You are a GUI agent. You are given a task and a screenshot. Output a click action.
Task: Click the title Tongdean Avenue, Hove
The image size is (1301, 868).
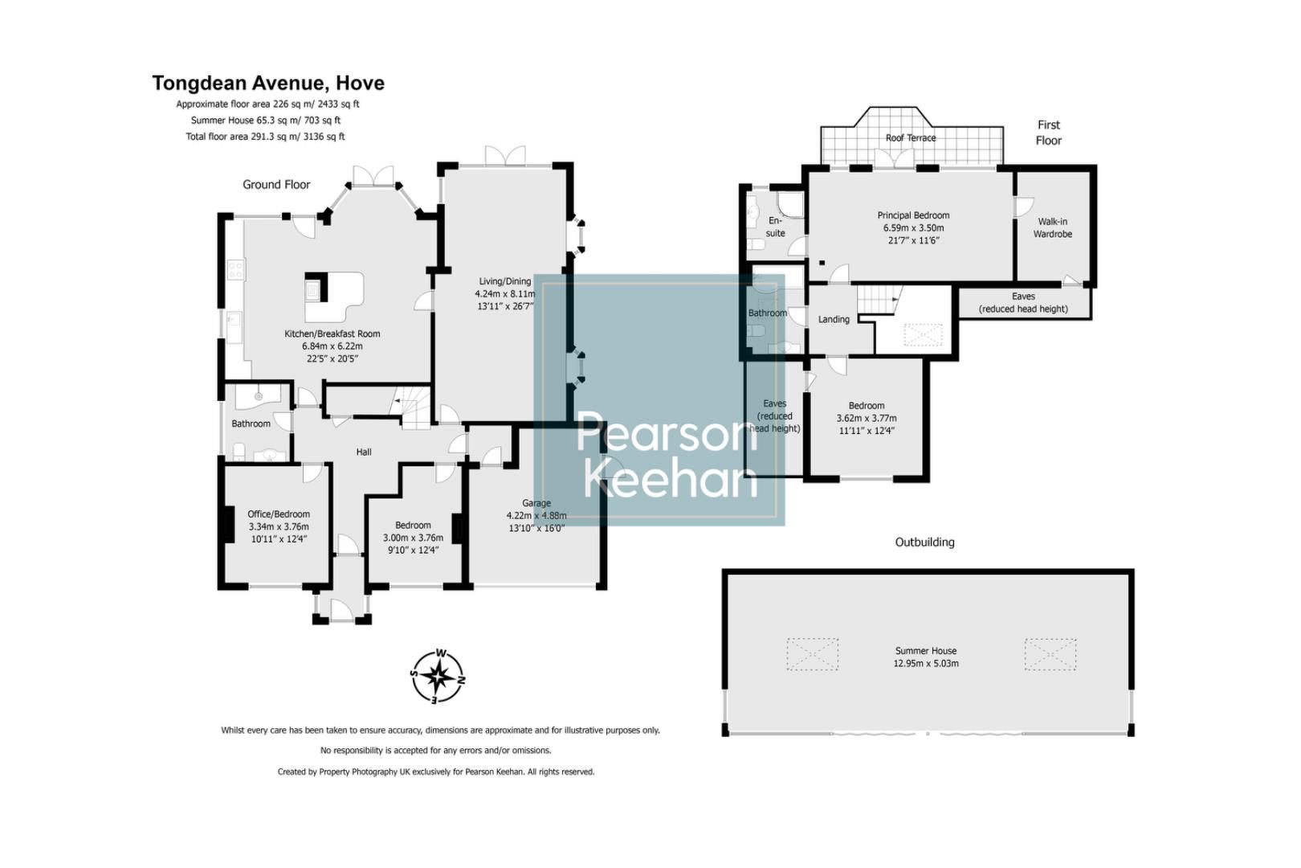[268, 84]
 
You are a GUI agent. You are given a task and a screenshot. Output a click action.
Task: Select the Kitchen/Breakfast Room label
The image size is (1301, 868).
[332, 334]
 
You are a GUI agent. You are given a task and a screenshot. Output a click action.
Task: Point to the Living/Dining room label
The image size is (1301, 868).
[504, 281]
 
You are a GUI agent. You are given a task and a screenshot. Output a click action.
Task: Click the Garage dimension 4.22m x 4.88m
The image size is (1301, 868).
[536, 516]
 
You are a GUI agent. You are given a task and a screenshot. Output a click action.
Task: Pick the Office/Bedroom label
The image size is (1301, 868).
[278, 514]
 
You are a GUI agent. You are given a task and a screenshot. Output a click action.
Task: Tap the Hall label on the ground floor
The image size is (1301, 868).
[364, 452]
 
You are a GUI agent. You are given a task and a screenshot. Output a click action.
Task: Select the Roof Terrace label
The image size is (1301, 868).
[910, 138]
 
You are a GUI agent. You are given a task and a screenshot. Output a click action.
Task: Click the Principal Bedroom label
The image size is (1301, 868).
[913, 215]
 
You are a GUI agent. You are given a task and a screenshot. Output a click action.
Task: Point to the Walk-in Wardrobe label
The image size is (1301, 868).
[1052, 227]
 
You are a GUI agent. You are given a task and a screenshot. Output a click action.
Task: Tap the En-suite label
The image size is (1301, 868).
[774, 227]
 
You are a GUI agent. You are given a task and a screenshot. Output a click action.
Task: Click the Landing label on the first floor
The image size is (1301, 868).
[833, 320]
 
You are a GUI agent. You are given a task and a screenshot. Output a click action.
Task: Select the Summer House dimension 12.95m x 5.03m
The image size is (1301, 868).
[925, 664]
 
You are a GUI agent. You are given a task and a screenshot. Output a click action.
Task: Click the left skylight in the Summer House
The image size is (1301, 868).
[812, 654]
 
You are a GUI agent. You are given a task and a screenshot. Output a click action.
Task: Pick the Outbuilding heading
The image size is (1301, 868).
[924, 542]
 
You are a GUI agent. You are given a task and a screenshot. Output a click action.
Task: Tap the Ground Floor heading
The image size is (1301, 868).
[276, 185]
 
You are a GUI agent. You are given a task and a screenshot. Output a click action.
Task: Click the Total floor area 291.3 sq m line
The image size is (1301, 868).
[265, 137]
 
